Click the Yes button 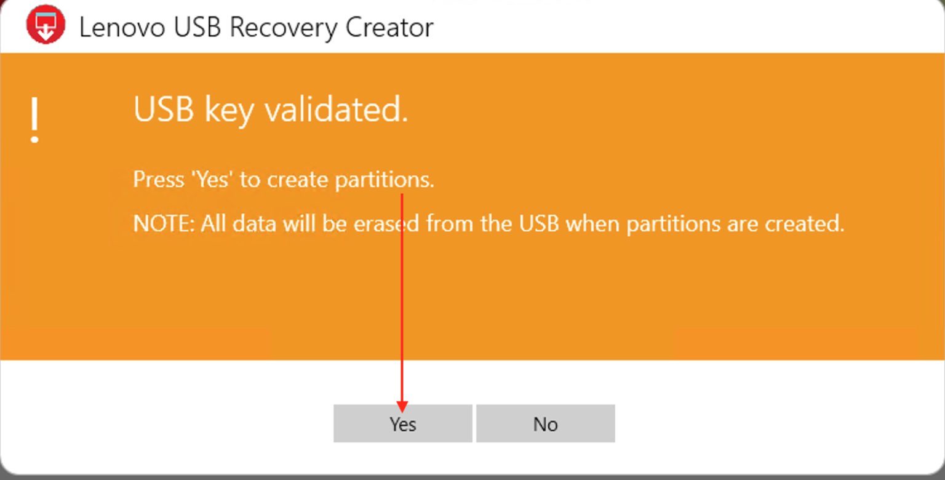click(402, 423)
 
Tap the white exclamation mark click(35, 121)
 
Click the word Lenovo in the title click(122, 28)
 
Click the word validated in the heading click(336, 110)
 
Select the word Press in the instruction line click(158, 180)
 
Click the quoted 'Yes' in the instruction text click(212, 180)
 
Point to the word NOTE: click(164, 223)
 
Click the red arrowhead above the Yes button click(402, 407)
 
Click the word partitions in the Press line click(384, 180)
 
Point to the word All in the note click(213, 223)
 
